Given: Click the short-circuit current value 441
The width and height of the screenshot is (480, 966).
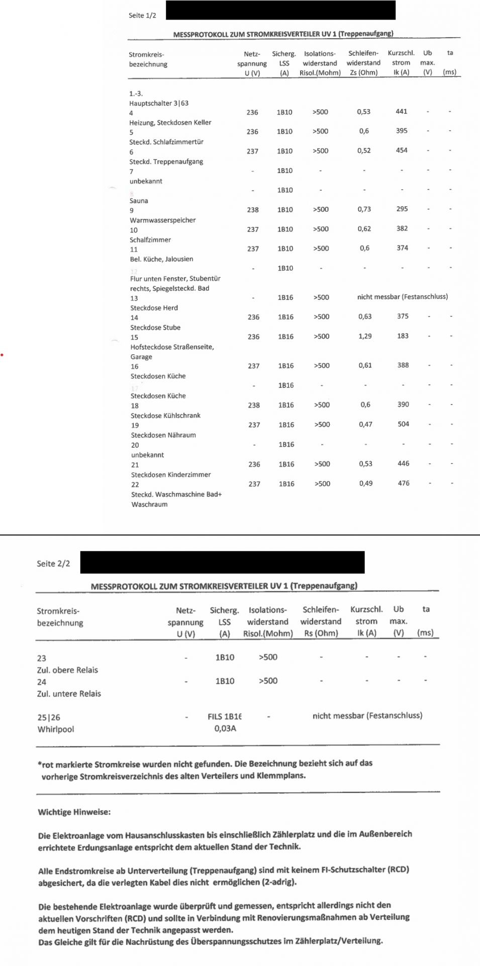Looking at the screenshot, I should click(401, 112).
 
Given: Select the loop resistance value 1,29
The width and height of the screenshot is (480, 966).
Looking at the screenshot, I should click(365, 336).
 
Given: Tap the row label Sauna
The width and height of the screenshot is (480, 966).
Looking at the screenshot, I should click(139, 201).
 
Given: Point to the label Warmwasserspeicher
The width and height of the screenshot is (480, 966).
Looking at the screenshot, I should click(163, 220).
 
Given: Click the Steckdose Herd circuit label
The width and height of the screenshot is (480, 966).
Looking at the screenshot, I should click(154, 308).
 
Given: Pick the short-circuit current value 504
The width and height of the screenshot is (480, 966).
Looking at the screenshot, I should click(403, 424).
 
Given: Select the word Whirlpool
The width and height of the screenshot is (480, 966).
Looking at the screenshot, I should click(56, 729).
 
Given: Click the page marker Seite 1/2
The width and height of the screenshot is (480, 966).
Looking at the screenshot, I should click(142, 16).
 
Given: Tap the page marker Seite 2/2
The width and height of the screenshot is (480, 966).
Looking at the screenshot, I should click(53, 563).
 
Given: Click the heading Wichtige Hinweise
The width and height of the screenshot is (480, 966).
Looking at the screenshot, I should click(74, 812).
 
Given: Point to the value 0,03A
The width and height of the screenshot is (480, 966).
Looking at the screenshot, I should click(225, 728).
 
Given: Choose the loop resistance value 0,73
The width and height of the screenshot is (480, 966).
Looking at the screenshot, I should click(364, 209).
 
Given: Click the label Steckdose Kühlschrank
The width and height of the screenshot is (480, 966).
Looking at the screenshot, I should click(165, 416).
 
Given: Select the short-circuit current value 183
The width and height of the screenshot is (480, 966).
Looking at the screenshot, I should click(403, 336).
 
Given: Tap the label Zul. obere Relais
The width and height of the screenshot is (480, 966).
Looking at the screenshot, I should click(67, 670).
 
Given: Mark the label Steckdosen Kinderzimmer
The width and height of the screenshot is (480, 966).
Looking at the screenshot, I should click(171, 474).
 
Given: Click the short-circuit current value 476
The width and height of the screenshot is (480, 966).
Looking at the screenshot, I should click(404, 483).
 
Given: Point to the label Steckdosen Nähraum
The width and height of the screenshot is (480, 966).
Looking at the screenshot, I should click(163, 435).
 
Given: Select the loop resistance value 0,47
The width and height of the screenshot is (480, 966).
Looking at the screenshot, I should click(365, 424).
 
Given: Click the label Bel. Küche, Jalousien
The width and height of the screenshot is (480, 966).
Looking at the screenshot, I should click(161, 259).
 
